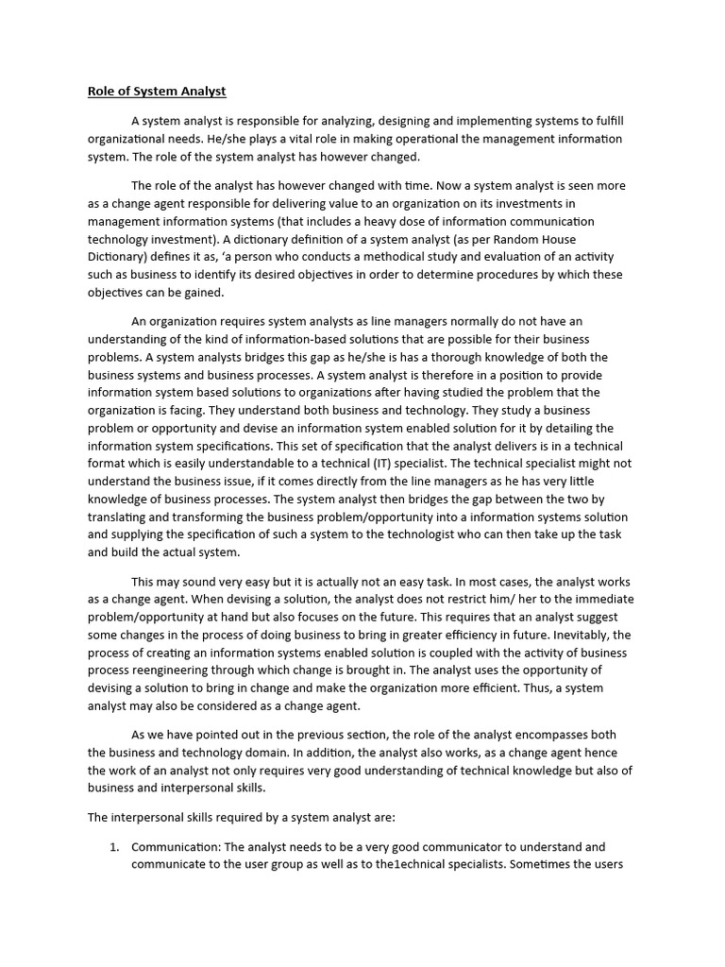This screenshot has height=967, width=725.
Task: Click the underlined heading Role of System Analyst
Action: pyautogui.click(x=157, y=92)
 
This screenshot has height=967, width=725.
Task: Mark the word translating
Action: pyautogui.click(x=121, y=517)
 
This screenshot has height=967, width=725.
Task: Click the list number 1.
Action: pyautogui.click(x=113, y=847)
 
